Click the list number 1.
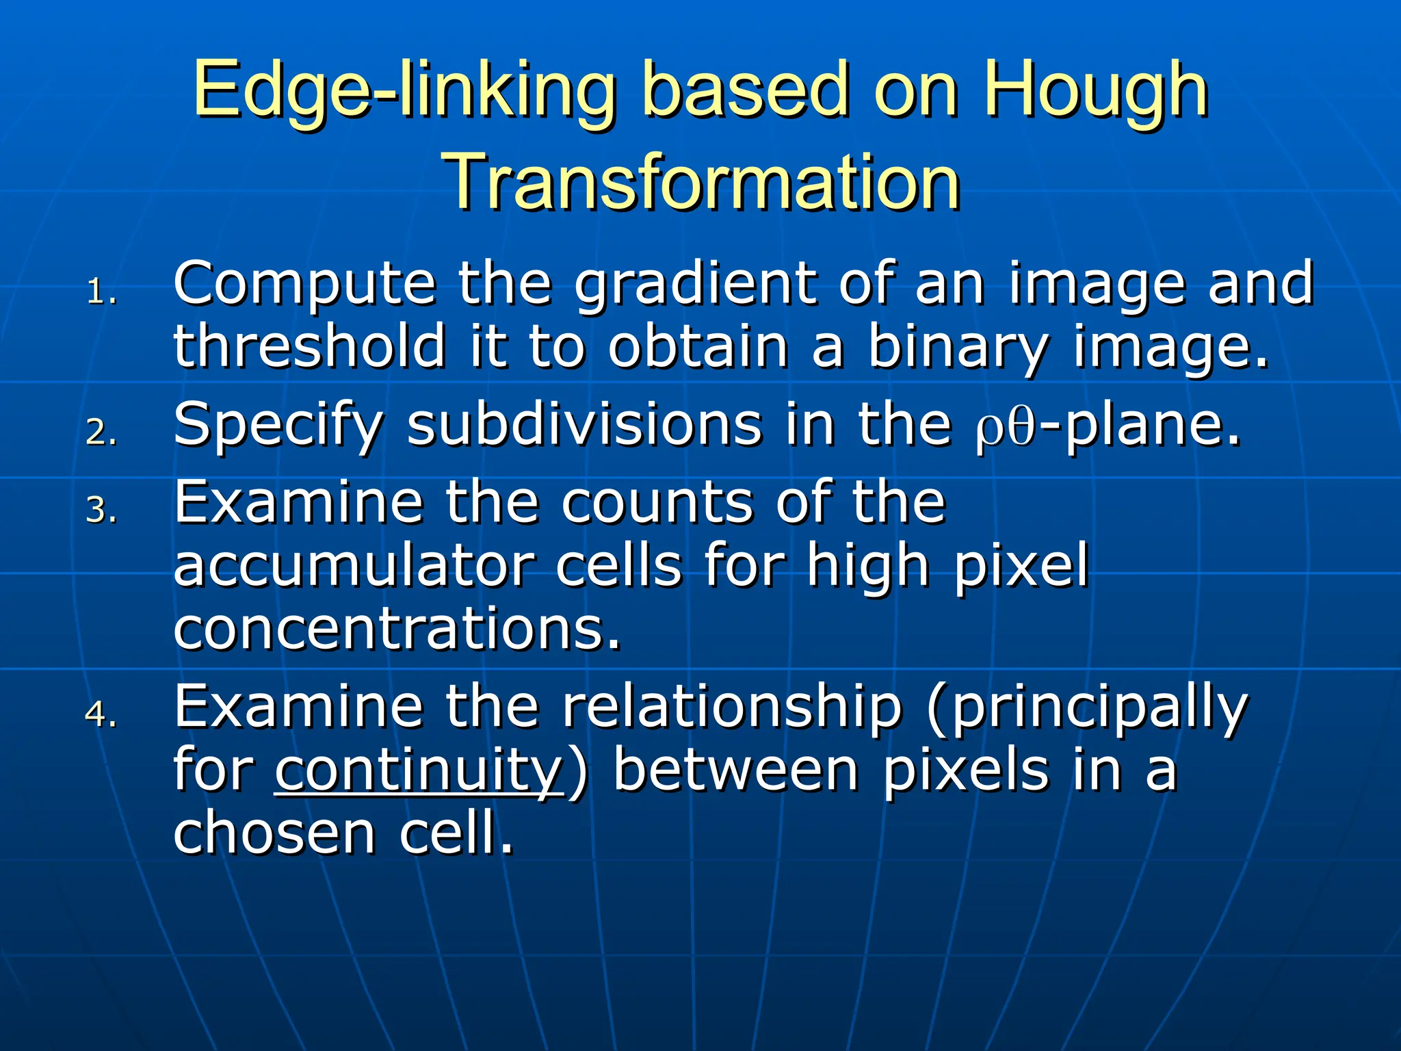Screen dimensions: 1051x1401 102,293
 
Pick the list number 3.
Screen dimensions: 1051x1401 102,510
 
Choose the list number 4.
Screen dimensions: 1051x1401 102,714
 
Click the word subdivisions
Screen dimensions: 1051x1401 585,425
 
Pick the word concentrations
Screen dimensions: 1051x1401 397,630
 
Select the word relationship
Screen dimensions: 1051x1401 733,708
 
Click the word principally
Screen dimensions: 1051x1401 1099,709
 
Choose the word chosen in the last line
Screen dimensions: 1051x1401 274,833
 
